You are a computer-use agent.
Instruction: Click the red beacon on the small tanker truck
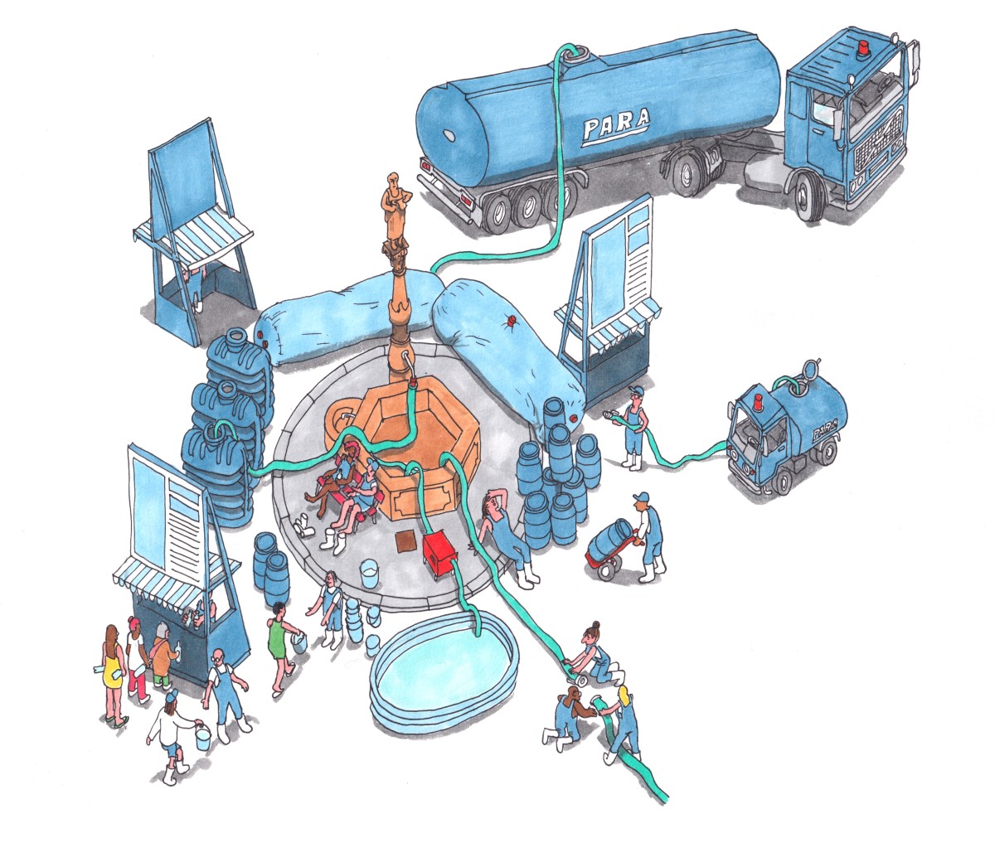pos(760,400)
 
